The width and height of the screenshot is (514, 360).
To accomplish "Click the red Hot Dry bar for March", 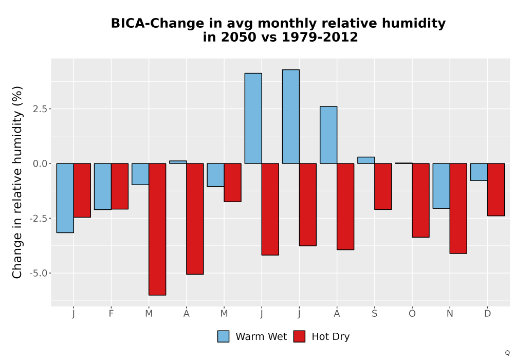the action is point(157,229).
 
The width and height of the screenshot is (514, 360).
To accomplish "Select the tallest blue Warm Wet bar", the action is point(291,116).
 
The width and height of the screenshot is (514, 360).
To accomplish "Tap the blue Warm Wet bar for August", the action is point(328,135).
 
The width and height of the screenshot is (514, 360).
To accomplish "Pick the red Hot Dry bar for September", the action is point(383,186).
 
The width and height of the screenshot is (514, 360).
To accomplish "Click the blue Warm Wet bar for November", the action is point(441,186).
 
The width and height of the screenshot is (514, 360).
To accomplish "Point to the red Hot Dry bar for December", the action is point(496,189).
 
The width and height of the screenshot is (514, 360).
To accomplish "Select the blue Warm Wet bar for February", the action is point(103,186).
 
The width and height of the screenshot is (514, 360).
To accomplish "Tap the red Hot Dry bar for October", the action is point(421,200).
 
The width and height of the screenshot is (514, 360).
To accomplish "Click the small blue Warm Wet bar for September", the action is point(366,160).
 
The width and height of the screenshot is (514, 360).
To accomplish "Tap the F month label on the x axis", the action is point(111,314).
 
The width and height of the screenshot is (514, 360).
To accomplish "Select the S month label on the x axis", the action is point(374,314).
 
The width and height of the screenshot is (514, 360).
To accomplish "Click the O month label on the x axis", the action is point(412,314).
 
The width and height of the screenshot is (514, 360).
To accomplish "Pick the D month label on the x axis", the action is point(487,314).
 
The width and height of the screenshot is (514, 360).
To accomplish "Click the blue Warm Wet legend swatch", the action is point(223,336).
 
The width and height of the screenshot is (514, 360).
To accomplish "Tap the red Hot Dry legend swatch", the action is point(299,336).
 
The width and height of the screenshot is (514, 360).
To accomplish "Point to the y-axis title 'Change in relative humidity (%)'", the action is point(17,182).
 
